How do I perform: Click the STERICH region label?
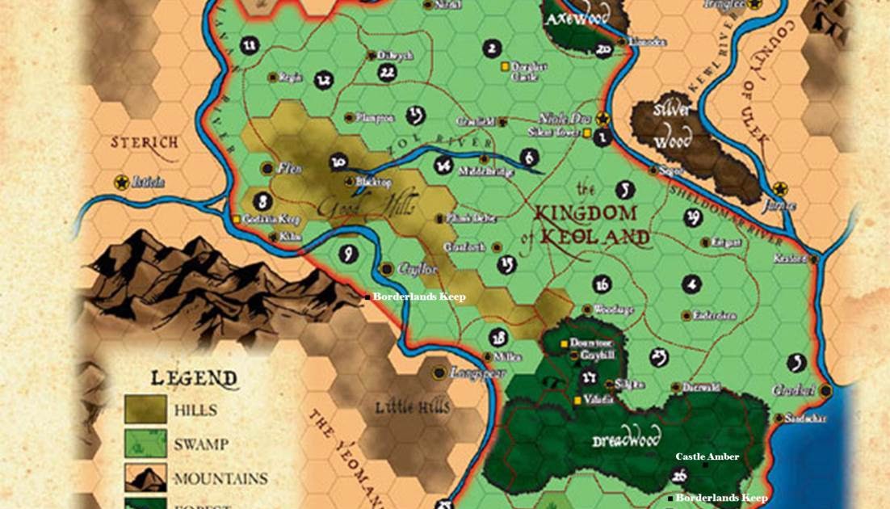tap(145, 143)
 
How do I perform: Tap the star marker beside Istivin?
tap(121, 182)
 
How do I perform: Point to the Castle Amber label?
tap(707, 457)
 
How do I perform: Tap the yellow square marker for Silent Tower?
tap(588, 133)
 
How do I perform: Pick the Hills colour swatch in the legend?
tap(145, 410)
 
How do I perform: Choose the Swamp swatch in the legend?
tap(145, 444)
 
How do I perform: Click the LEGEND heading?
tap(183, 378)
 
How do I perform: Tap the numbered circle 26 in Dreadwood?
tap(679, 476)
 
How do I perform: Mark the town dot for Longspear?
tap(439, 372)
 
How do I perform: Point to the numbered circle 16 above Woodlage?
tap(601, 284)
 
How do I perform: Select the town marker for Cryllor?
tap(386, 268)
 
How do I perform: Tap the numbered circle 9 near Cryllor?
tap(349, 254)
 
